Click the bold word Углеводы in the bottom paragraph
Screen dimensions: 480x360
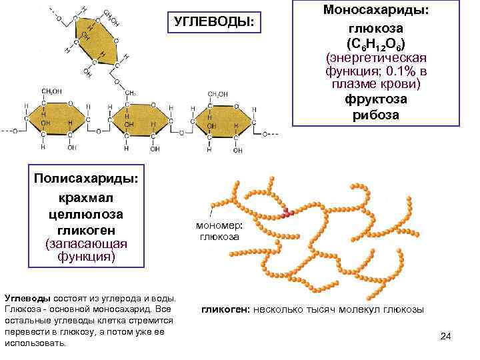(25, 298)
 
